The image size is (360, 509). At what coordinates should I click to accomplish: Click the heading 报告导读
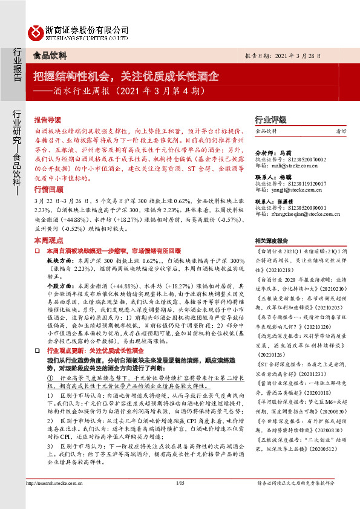48,120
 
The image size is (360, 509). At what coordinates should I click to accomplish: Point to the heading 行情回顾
48,189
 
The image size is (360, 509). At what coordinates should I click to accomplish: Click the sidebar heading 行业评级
270,120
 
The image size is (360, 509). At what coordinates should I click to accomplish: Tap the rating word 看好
341,131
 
